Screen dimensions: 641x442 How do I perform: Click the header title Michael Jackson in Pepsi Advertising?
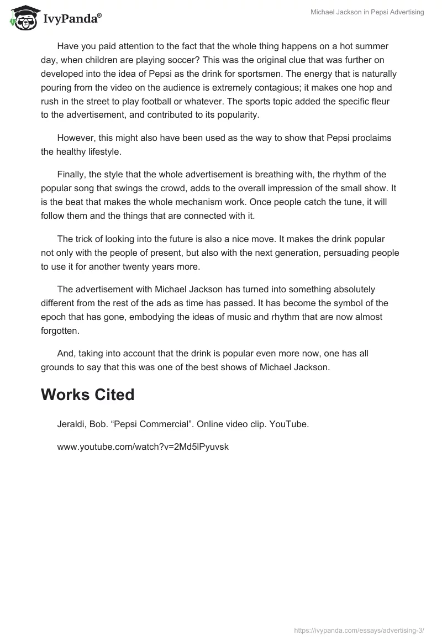367,12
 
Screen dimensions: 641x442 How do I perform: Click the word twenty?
145,267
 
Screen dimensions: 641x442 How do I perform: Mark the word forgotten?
60,332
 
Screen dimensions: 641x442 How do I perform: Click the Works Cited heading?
87,395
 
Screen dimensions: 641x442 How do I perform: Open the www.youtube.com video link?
143,446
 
